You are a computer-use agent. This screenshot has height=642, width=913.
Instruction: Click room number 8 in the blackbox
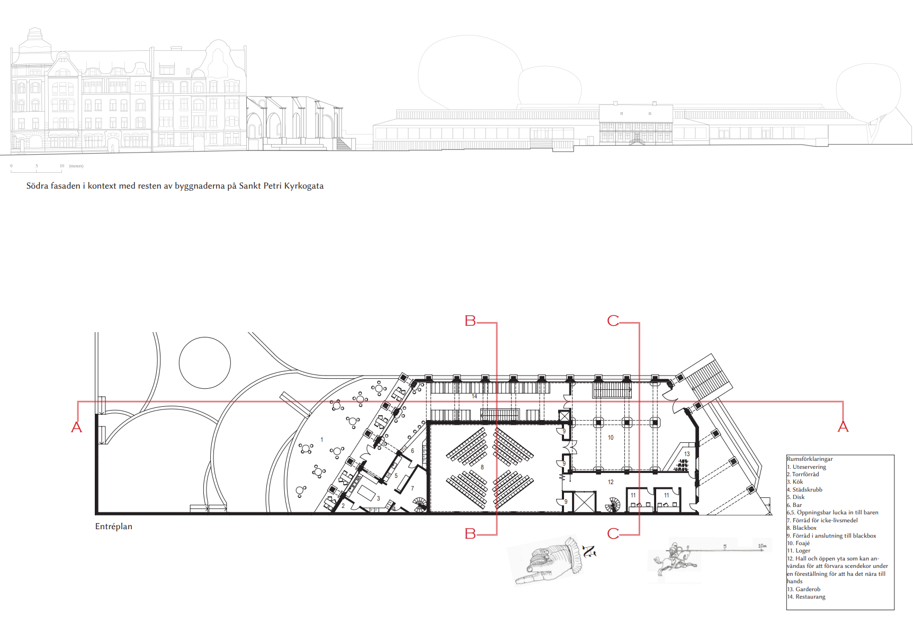(x=482, y=467)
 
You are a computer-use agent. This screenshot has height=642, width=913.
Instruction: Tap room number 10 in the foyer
(x=611, y=438)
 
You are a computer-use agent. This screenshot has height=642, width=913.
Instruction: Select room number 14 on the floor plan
(x=474, y=396)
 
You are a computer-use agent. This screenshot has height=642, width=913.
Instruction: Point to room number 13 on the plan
(x=687, y=454)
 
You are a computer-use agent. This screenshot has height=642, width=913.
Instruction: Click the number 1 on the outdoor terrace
(x=321, y=440)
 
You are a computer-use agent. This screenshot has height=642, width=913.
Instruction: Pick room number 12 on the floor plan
(x=611, y=482)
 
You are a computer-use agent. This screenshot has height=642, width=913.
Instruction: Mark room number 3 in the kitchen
(x=378, y=498)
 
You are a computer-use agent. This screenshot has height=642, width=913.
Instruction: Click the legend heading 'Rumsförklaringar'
(x=810, y=459)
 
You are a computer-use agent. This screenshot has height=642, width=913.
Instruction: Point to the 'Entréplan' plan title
(x=114, y=527)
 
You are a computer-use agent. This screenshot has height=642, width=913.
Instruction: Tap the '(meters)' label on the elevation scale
(x=76, y=166)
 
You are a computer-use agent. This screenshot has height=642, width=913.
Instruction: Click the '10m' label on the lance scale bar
(x=762, y=546)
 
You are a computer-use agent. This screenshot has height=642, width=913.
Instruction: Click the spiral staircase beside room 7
(x=419, y=504)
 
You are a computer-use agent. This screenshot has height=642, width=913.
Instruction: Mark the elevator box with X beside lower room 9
(x=585, y=502)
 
